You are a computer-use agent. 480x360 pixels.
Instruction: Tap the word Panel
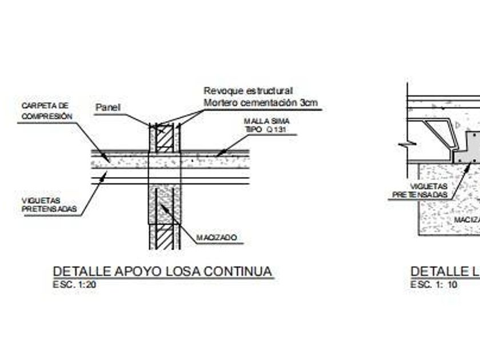[x=108, y=107]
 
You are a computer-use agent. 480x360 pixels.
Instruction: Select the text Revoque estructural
[x=248, y=91]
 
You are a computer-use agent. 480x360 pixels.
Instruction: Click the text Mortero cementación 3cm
[x=261, y=103]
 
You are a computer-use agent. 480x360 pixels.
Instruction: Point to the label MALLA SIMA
[x=266, y=121]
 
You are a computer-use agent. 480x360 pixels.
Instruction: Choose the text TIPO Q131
[x=264, y=130]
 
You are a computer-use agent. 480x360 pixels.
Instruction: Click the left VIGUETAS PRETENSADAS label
[x=49, y=205]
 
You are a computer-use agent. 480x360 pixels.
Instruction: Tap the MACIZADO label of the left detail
[x=217, y=237]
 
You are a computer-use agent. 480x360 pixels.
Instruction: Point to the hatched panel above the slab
[x=165, y=139]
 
